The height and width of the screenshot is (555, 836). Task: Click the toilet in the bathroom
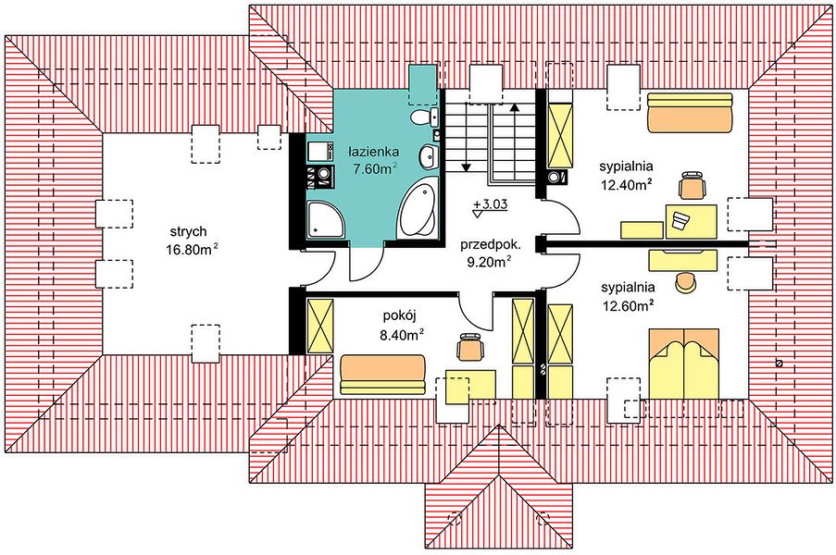click(x=424, y=116)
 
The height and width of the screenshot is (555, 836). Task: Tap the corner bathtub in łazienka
click(x=418, y=210)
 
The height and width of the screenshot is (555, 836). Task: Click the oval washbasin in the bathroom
click(x=428, y=156)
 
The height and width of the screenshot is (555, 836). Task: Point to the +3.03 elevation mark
click(x=490, y=204)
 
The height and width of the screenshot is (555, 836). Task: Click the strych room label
click(x=188, y=231)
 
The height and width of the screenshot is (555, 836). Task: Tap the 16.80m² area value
click(x=191, y=249)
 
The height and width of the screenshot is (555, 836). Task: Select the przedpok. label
click(x=490, y=245)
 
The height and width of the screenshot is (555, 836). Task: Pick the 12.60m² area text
click(x=628, y=306)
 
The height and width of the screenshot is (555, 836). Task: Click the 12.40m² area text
click(x=627, y=184)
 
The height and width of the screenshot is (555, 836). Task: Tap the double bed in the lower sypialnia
click(x=684, y=364)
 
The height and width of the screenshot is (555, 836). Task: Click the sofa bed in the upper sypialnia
click(x=691, y=112)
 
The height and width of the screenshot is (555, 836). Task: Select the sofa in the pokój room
click(x=382, y=375)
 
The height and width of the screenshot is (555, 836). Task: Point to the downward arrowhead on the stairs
click(x=467, y=167)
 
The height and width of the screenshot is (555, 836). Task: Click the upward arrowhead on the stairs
click(x=515, y=106)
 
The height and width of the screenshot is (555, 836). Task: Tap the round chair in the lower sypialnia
click(x=686, y=282)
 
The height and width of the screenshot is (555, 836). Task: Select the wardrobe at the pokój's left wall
click(x=320, y=326)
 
